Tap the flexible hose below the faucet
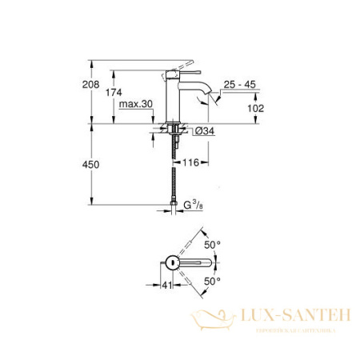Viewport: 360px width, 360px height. [174, 172]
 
